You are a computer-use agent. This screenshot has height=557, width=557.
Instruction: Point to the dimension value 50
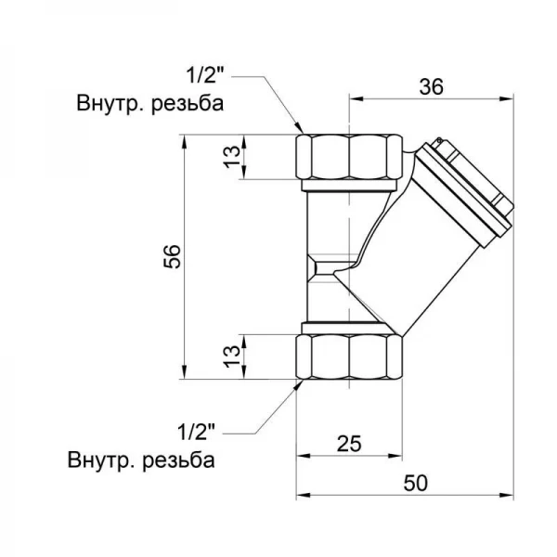(406, 483)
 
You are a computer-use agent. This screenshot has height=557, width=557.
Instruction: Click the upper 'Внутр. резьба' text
(149, 103)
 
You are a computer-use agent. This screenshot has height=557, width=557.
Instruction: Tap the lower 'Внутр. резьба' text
(141, 460)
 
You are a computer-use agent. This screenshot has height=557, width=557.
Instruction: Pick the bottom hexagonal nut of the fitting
(350, 356)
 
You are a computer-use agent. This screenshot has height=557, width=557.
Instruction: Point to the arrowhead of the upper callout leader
(299, 129)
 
